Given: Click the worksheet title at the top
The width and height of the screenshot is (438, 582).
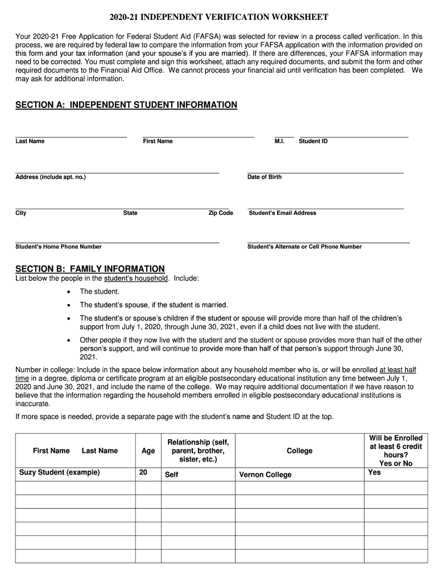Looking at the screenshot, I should pos(218,18).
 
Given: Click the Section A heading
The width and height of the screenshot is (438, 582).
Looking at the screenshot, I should pos(126,105).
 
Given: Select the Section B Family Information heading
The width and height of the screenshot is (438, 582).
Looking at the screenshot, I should pos(90,269).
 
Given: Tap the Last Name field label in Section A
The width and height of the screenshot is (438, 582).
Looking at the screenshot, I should pos(30,141).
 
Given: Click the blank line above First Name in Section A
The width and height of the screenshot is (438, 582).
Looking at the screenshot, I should pos(199,136).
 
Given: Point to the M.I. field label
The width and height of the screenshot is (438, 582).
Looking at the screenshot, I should pos(279,141).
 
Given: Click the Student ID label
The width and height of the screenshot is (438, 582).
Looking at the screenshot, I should pos(313,141).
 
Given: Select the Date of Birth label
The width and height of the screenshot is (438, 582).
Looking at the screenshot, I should pos(265,177).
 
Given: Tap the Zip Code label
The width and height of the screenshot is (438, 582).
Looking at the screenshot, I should pos(221,213).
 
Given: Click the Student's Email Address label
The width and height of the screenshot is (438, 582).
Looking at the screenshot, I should pos(283,213).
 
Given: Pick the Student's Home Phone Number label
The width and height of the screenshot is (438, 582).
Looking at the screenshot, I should pos(59,247).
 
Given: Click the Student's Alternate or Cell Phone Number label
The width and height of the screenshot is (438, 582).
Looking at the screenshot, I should pos(304,247).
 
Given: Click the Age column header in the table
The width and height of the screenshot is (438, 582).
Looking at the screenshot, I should pos(148,451).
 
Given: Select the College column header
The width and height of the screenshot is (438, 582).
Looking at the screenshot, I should pos(299,451).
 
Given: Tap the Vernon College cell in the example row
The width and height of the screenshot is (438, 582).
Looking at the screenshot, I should pos(265,475).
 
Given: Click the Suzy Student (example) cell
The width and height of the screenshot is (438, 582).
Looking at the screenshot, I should pos(60,472).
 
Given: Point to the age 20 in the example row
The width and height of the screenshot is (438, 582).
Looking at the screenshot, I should pos(143,472).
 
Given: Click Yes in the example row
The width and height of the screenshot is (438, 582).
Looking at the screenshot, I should pos(374,472).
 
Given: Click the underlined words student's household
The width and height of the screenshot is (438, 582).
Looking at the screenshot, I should pos(136,278).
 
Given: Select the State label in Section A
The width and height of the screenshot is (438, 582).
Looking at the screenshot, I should pos(130,213).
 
